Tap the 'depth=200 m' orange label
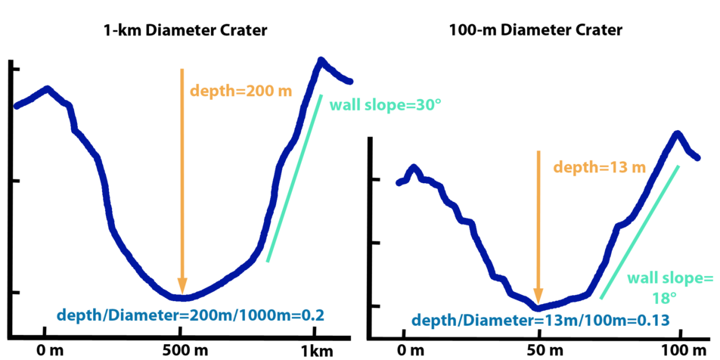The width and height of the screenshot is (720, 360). coord(241,91)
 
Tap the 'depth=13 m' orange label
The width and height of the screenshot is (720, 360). coord(599,166)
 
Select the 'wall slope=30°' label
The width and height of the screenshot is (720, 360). coord(386,105)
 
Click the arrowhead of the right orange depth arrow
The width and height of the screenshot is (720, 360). coord(538,297)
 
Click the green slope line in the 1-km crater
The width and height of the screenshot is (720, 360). coord(295,178)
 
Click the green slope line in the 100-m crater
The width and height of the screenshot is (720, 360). coord(639,231)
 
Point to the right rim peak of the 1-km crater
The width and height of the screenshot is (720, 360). coord(321,59)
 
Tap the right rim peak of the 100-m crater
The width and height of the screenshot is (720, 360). coord(677,133)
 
